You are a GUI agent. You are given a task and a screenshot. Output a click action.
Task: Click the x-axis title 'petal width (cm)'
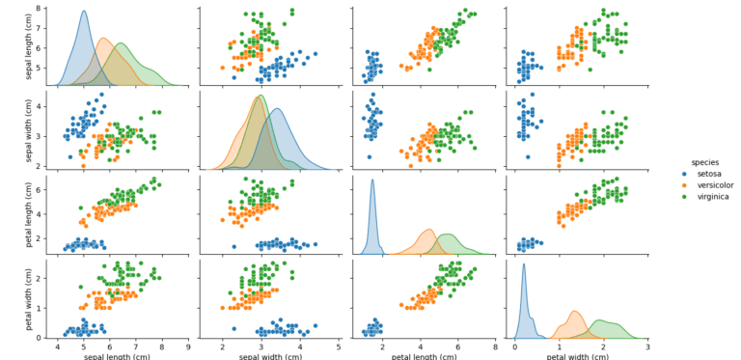[x=577, y=355]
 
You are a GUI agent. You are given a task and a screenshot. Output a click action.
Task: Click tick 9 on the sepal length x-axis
[x=187, y=346]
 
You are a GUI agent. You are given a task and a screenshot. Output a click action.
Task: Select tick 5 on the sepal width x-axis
[x=339, y=346]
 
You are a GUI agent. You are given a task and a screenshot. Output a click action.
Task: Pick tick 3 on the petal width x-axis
[x=647, y=346]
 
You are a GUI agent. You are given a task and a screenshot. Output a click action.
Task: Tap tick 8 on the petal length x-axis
[x=495, y=346]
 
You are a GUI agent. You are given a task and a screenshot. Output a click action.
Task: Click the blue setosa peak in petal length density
[x=372, y=180]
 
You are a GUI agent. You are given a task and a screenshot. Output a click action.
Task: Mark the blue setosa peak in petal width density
[x=523, y=264]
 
